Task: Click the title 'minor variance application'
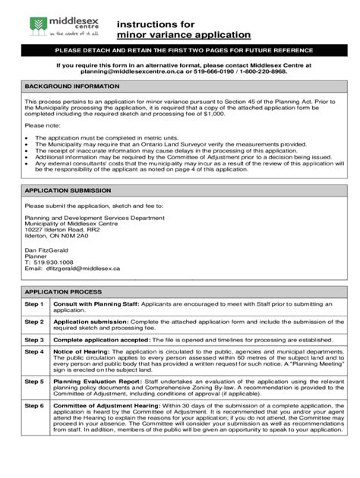pos(183,35)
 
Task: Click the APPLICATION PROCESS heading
pos(58,291)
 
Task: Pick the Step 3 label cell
pos(34,340)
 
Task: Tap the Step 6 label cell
pos(34,406)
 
